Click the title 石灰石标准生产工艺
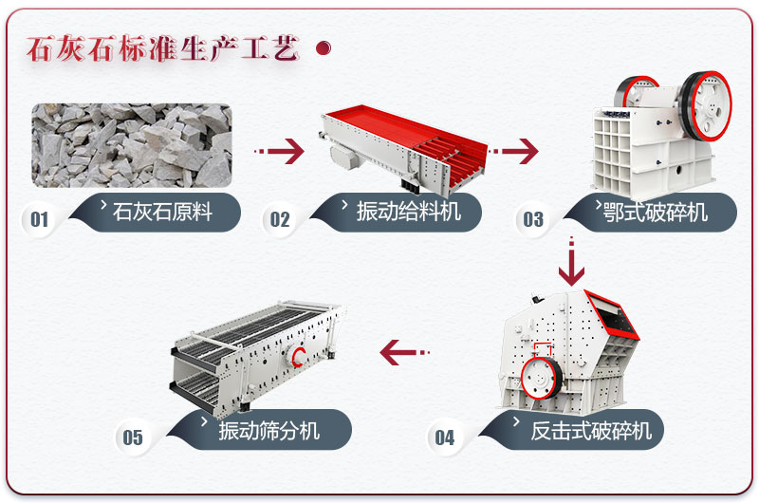pos(162,47)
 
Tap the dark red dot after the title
pos(323,48)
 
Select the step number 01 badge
pos(39,220)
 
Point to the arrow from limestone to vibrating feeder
pos(280,150)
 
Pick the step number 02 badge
pos(280,220)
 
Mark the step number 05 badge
pos(133,438)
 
